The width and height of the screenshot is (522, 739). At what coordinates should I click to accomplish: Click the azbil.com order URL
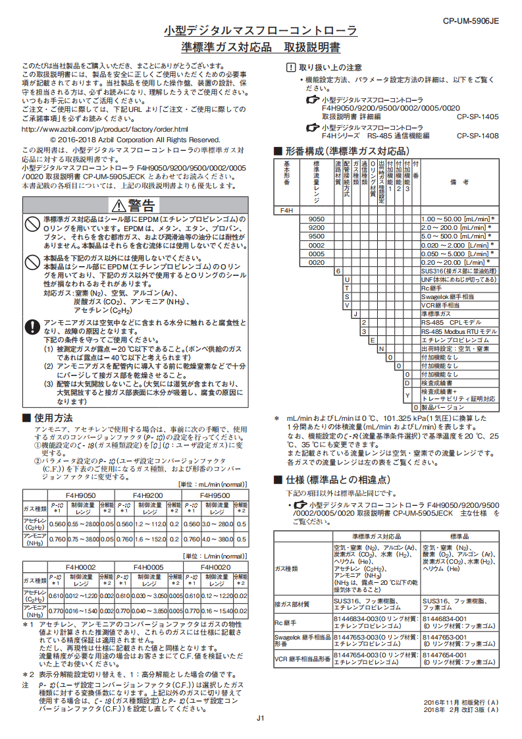tap(105, 129)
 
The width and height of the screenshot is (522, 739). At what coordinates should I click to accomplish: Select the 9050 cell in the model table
tap(317, 219)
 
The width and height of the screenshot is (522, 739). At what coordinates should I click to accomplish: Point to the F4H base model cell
tap(287, 210)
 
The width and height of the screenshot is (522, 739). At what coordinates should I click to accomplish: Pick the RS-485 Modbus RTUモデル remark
tap(459, 331)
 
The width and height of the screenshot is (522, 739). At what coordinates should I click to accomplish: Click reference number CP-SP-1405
tap(477, 116)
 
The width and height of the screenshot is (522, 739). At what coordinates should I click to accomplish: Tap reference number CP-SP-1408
tap(477, 136)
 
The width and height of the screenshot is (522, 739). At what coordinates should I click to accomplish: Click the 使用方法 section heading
tap(53, 418)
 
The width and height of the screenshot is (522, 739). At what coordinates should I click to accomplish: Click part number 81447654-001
tap(443, 655)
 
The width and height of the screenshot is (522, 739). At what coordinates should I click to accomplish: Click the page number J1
tap(261, 718)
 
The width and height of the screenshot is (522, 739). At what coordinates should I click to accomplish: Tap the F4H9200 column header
tap(148, 494)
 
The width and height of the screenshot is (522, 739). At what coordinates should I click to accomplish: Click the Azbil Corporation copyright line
tap(134, 140)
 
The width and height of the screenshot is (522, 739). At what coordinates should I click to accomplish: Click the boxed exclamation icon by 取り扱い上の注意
tap(291, 67)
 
